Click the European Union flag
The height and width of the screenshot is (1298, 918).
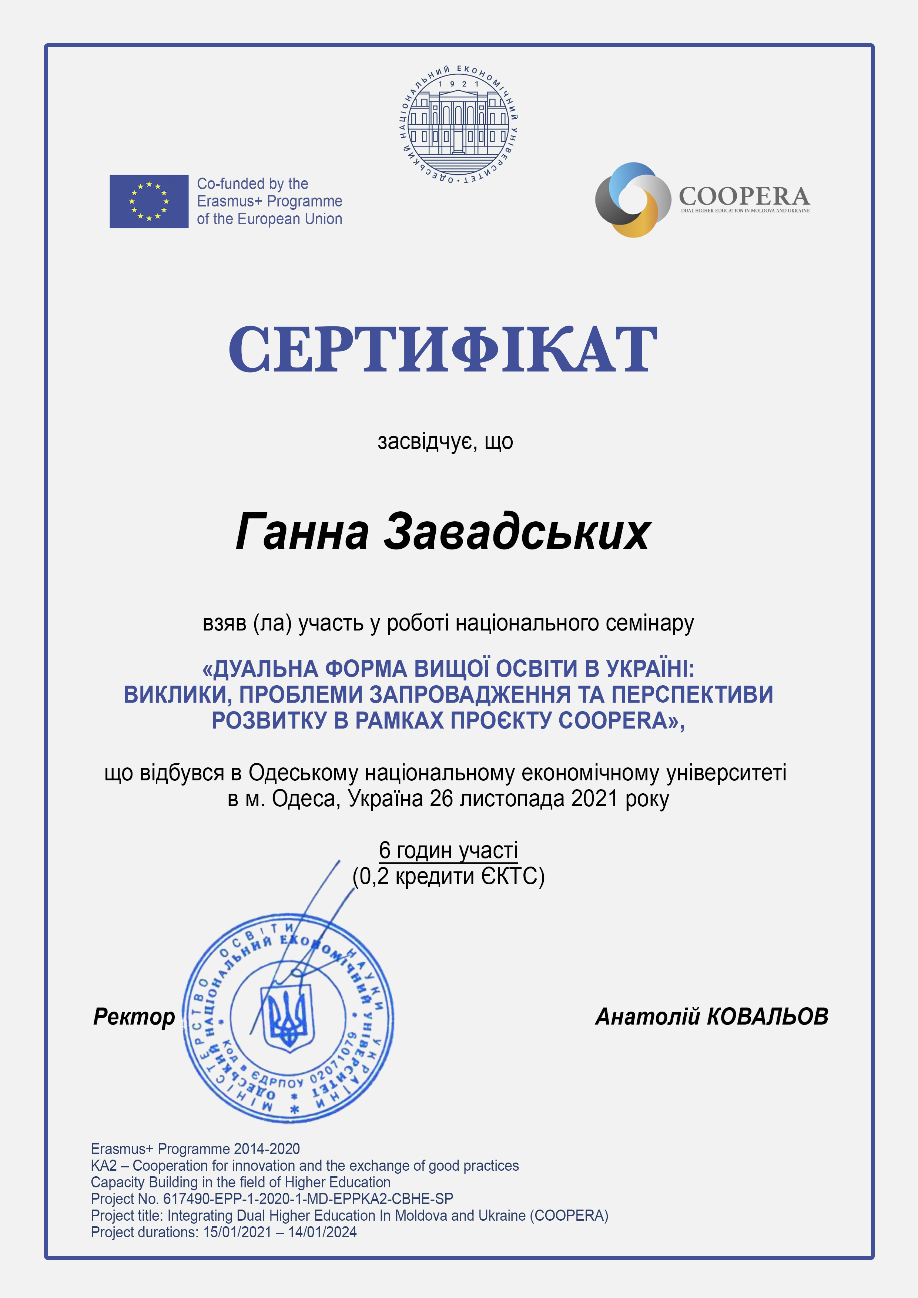[149, 201]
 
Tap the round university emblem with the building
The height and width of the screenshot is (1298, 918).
[459, 124]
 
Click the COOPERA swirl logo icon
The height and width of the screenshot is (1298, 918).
[633, 199]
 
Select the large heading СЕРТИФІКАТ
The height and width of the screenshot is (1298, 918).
[443, 350]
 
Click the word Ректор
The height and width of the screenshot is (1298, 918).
[134, 1016]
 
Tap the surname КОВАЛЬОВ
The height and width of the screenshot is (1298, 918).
[768, 1016]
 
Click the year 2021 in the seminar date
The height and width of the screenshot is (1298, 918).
[594, 799]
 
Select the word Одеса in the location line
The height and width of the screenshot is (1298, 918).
[306, 799]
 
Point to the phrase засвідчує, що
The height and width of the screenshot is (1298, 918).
[445, 441]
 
